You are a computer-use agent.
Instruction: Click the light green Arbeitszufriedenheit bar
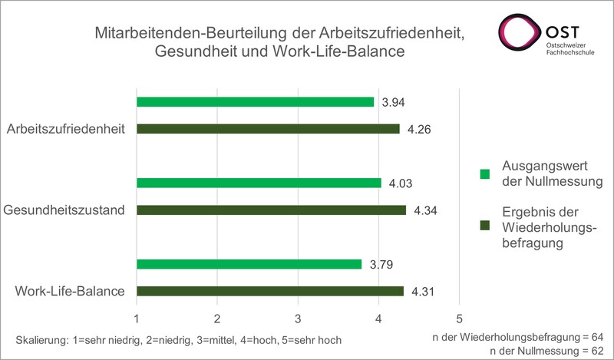pyautogui.click(x=255, y=102)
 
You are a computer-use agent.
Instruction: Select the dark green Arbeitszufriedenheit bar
pyautogui.click(x=268, y=129)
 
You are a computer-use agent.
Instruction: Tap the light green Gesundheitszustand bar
pyautogui.click(x=259, y=183)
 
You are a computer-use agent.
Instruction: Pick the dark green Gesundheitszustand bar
pyautogui.click(x=271, y=210)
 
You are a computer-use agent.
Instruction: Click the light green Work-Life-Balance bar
pyautogui.click(x=249, y=264)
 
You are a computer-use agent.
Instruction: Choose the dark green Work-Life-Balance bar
pyautogui.click(x=269, y=291)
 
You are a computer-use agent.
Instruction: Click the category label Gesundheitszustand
pyautogui.click(x=64, y=210)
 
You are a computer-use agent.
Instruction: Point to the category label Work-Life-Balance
pyautogui.click(x=70, y=291)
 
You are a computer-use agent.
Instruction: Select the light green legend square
pyautogui.click(x=484, y=174)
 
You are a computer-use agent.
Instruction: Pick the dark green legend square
pyautogui.click(x=484, y=225)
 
